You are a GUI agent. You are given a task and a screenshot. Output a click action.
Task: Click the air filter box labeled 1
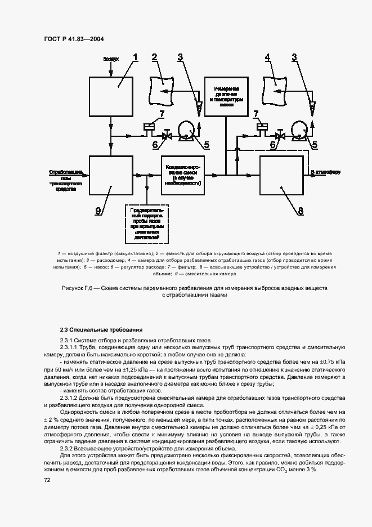pos(111,97)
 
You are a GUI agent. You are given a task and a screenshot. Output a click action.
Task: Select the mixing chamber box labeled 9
pos(111,176)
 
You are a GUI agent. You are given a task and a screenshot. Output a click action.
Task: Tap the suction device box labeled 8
pos(281,176)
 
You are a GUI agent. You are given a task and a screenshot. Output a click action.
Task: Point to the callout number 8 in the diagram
pos(301,211)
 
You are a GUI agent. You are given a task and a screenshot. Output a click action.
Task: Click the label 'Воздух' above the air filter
pos(111,59)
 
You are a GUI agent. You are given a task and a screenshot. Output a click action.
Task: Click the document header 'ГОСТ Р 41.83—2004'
pos(74,39)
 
